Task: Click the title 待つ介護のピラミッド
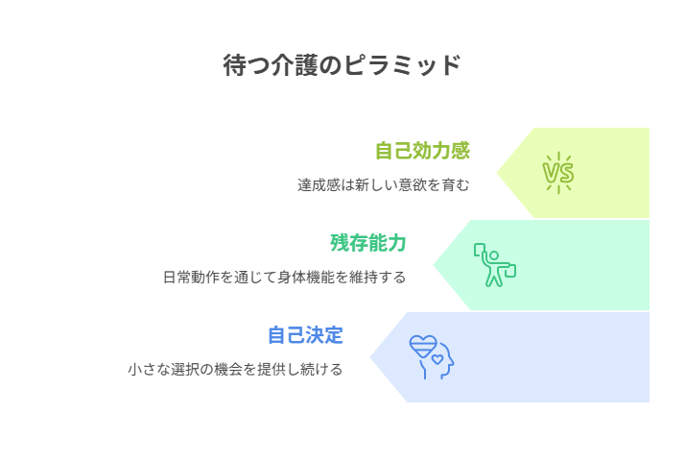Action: coord(342,65)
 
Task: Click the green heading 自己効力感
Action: coord(422,151)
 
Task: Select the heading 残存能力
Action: coord(368,243)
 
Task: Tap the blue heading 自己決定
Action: coord(305,335)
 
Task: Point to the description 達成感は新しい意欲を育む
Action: coord(384,185)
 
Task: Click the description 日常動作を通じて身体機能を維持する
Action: coord(284,278)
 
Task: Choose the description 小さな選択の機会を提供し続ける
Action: coord(235,370)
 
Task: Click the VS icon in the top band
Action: coord(558,173)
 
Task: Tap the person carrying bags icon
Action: coord(495,265)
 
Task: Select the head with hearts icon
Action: coord(432,357)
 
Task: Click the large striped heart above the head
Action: coord(423,347)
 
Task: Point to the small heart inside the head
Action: coord(437,359)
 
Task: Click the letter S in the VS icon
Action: coord(566,173)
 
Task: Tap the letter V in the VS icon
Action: coord(551,173)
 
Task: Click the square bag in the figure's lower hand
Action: coord(510,271)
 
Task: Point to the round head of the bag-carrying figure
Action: coord(494,255)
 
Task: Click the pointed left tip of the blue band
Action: coord(370,357)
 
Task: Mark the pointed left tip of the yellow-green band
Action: coord(497,173)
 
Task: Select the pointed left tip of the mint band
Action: coord(434,265)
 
